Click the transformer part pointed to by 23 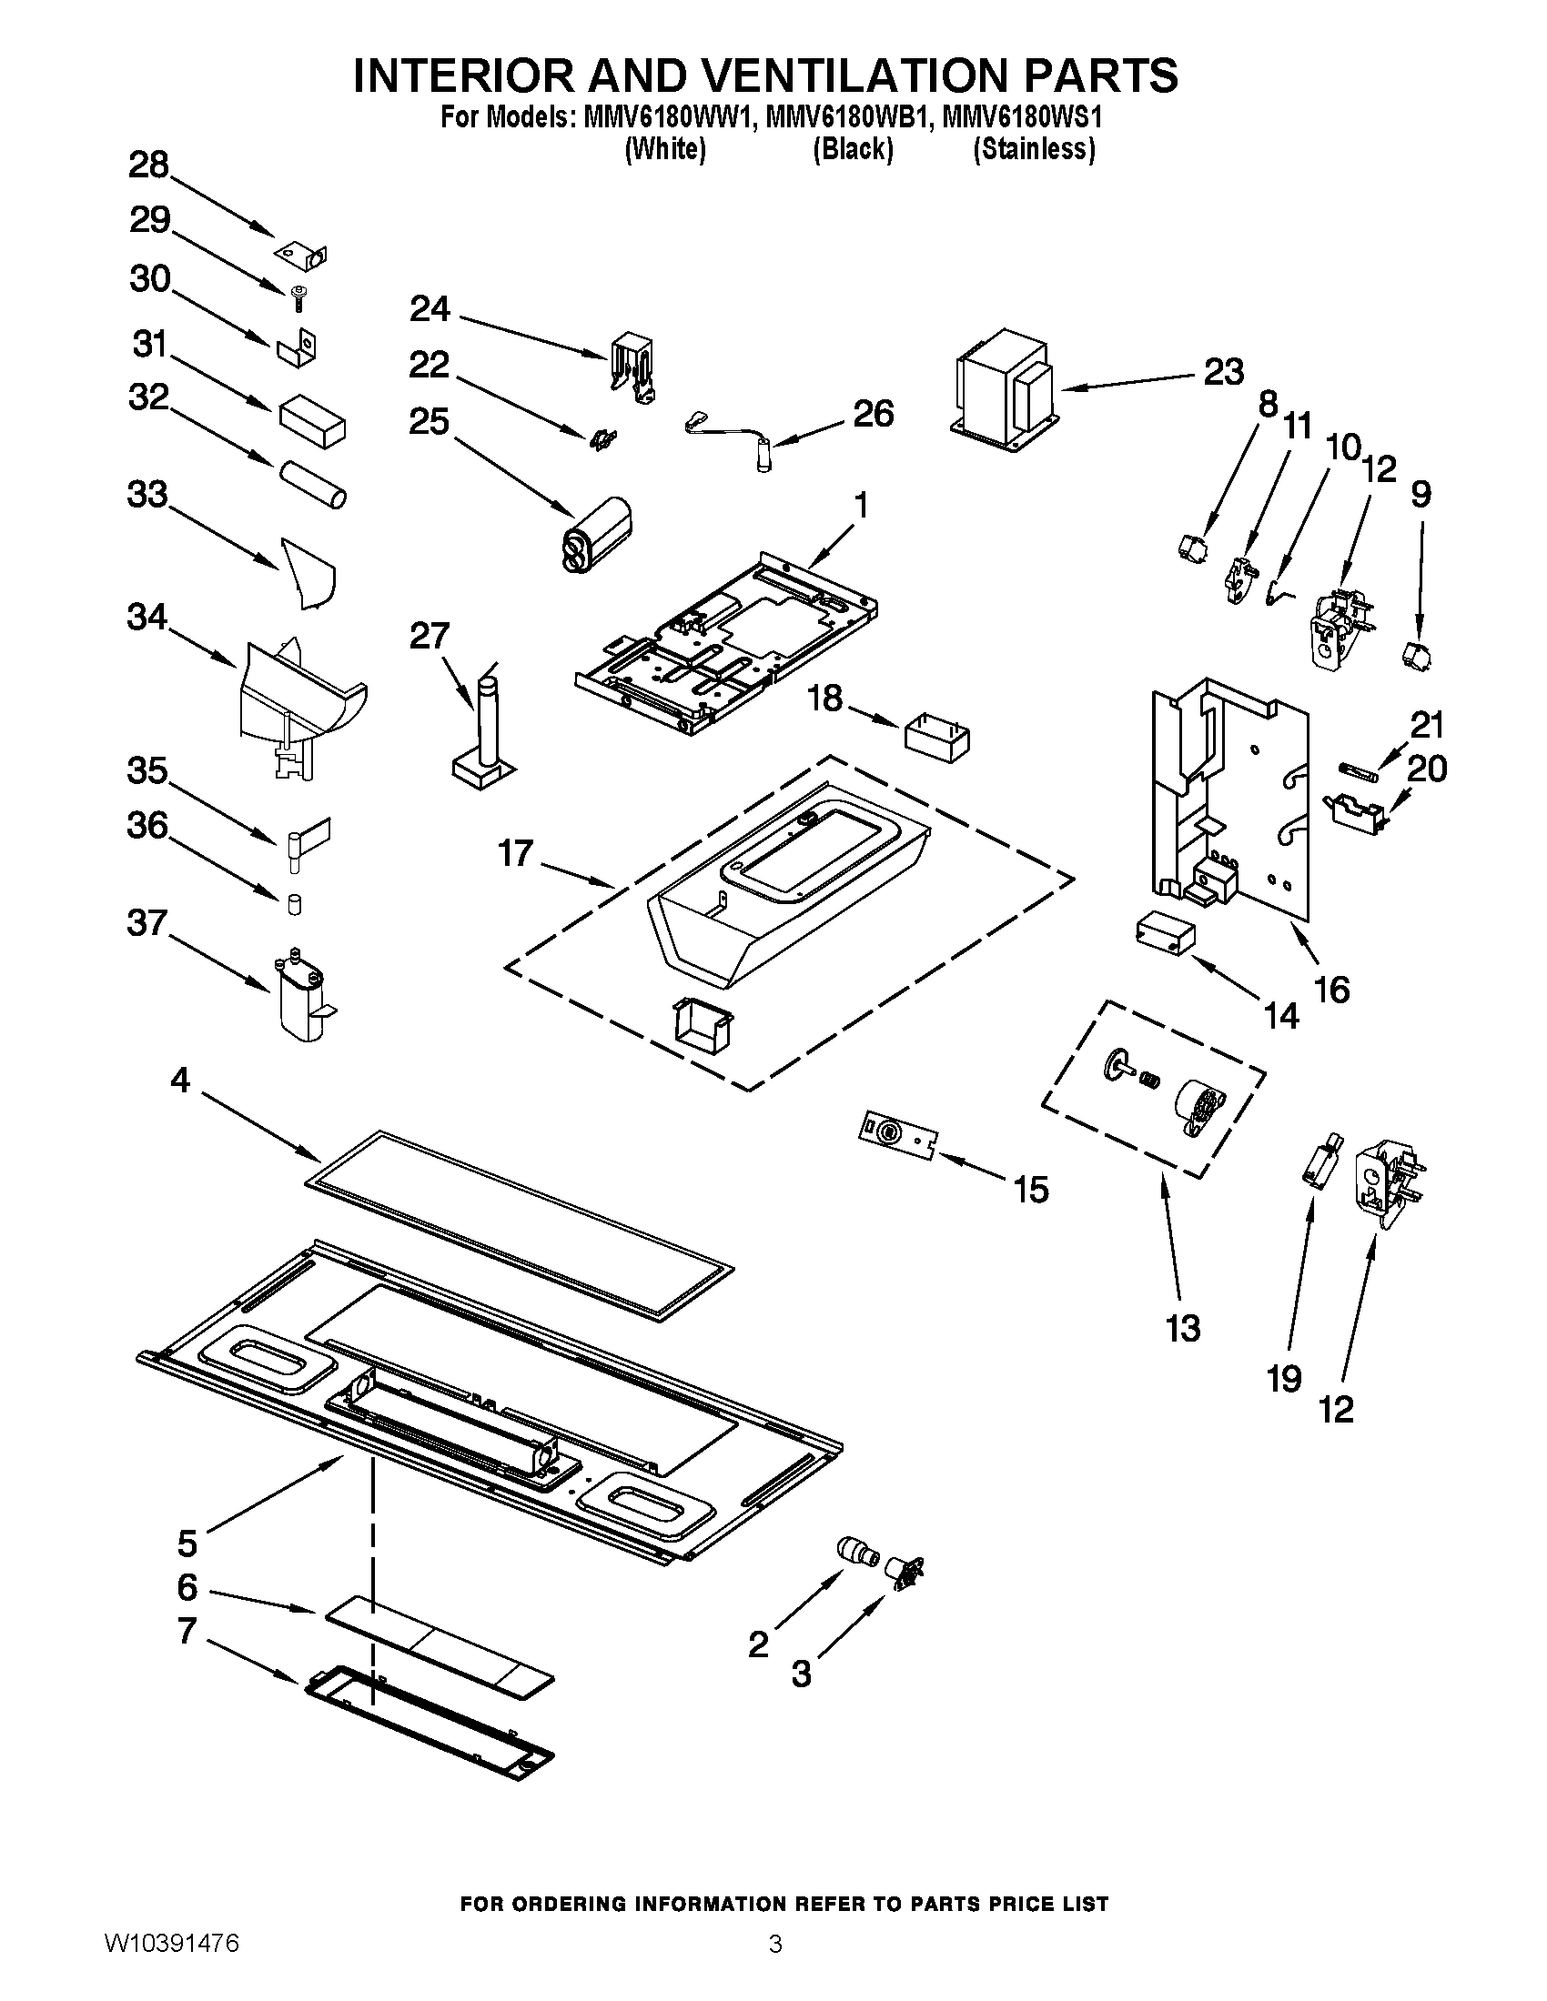point(1004,389)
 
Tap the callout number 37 point(147,922)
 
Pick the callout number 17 point(515,853)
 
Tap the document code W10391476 point(172,1966)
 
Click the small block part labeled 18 point(936,739)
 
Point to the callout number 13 point(1183,1328)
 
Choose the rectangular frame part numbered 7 point(429,1722)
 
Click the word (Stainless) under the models point(1033,148)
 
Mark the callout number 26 point(873,414)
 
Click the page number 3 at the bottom point(774,1966)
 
